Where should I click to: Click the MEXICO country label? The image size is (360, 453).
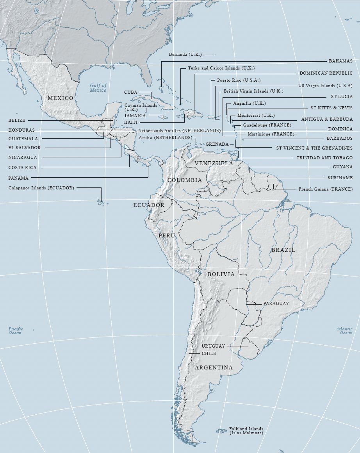60,98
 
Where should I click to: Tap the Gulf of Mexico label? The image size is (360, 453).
98,88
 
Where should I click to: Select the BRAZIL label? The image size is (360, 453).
283,250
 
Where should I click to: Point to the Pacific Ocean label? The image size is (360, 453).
16,331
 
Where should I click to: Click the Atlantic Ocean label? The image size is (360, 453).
344,331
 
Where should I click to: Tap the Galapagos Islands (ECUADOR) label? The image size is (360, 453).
41,188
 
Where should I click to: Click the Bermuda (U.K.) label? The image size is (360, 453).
185,54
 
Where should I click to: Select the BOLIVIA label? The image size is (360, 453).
221,274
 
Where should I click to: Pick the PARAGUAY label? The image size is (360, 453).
276,303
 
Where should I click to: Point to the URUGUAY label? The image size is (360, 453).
213,346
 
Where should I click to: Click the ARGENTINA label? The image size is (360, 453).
214,367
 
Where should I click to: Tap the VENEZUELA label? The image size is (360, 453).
214,163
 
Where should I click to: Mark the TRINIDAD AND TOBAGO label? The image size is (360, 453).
324,158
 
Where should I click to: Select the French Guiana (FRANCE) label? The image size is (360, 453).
325,189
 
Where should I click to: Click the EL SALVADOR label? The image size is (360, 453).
24,148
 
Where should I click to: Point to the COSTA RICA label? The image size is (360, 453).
22,168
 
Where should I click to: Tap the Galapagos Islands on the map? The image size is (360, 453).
100,202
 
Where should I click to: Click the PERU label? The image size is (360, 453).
167,236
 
